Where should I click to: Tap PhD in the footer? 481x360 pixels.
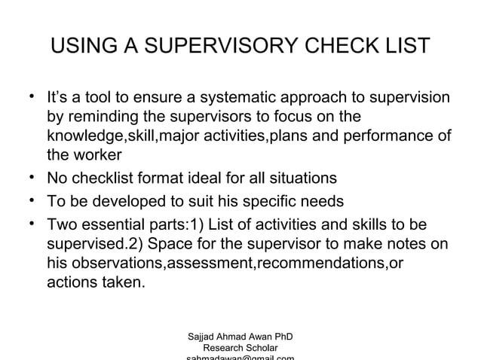coord(281,336)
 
